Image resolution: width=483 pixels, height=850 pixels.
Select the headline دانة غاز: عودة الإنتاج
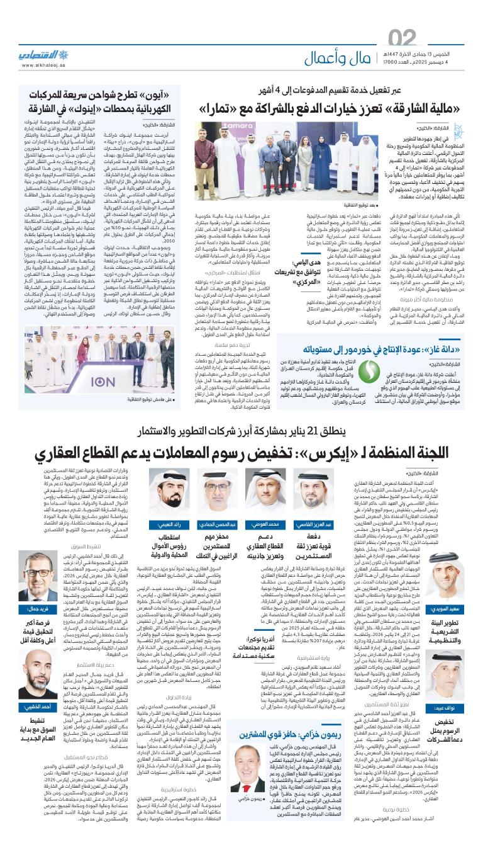coord(377,348)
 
